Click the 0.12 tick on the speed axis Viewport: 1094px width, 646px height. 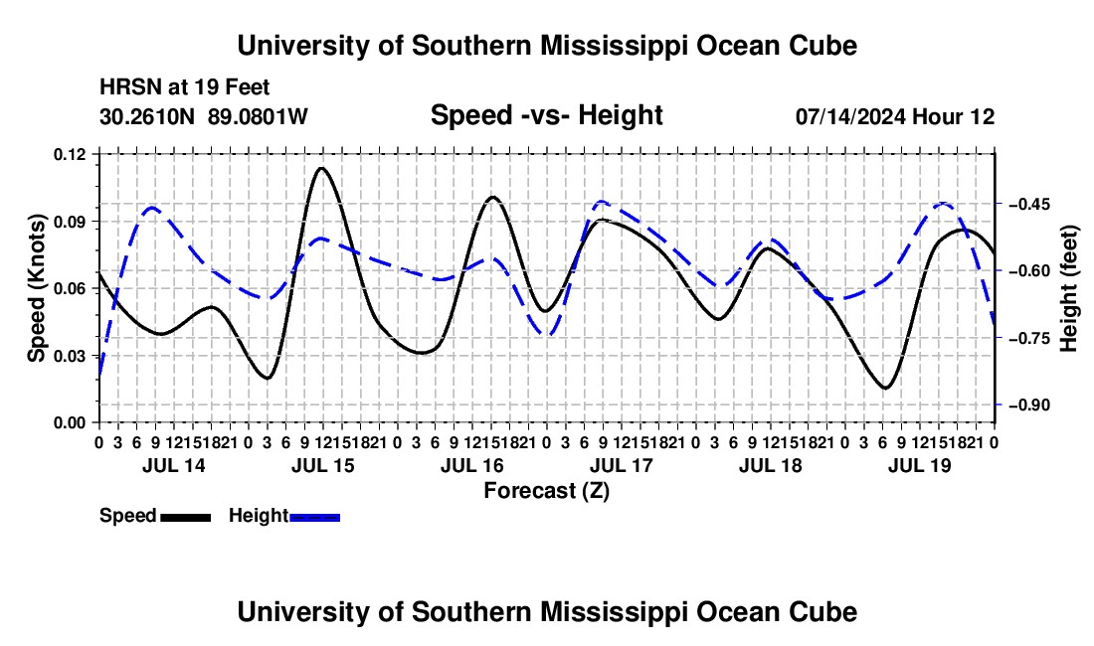[x=70, y=154]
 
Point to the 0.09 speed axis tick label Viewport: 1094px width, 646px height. [x=70, y=222]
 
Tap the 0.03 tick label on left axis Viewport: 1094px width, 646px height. [x=70, y=356]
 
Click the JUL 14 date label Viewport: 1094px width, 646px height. [x=174, y=465]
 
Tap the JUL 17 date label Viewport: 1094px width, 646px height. [x=621, y=465]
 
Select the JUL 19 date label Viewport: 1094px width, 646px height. [x=920, y=465]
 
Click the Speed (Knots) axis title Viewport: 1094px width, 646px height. [x=36, y=288]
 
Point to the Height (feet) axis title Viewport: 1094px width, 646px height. [x=1069, y=288]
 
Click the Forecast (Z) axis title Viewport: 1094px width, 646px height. [x=547, y=491]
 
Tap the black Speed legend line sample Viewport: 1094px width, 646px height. [x=186, y=517]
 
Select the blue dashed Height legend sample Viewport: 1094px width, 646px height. [x=314, y=517]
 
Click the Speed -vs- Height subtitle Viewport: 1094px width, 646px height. [x=547, y=115]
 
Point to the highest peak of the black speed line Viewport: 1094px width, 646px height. [x=321, y=168]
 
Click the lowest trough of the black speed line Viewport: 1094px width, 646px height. [x=886, y=388]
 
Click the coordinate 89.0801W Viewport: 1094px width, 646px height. [x=258, y=116]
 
